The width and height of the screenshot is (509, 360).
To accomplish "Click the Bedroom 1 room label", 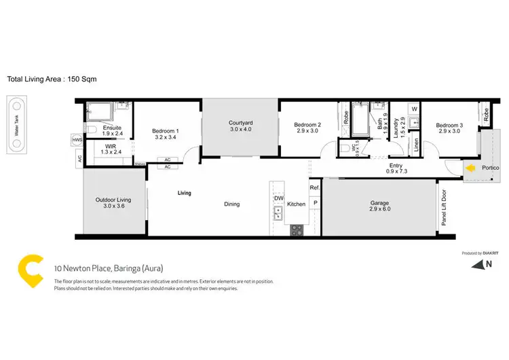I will (x=166, y=131).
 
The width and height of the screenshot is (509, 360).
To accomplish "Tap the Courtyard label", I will (x=240, y=124).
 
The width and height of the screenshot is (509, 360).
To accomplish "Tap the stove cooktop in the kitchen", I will (x=297, y=230).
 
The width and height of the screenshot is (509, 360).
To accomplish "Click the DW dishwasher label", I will (x=278, y=199).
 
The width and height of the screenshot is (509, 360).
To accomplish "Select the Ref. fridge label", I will (x=314, y=187).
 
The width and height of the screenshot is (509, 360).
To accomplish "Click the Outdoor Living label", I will (x=113, y=200).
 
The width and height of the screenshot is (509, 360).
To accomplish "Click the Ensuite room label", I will (x=112, y=128).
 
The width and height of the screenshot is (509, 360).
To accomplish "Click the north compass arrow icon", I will (x=487, y=265).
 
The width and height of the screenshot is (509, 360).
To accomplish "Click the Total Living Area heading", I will (x=52, y=79).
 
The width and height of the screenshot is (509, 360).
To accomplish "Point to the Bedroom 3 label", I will (x=450, y=125).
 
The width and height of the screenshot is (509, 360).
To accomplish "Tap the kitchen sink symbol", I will (x=278, y=215).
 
